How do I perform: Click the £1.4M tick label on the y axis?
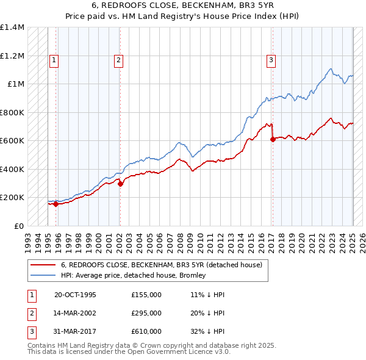coord(12,27)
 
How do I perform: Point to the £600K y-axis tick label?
coord(12,140)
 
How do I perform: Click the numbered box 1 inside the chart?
coord(54,60)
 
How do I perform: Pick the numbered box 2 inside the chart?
coord(118,60)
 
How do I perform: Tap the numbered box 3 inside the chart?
coord(270,60)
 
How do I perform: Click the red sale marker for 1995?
coord(56,204)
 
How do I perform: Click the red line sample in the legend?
coord(43,265)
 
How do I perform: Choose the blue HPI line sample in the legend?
coord(43,275)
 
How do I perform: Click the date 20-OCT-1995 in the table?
coord(75,295)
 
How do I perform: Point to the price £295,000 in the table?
coord(146,313)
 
